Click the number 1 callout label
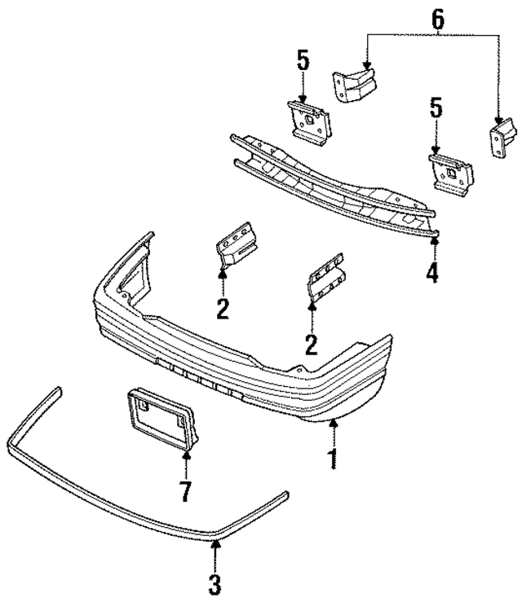click(332, 459)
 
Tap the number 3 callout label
click(215, 583)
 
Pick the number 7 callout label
click(186, 491)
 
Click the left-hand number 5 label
click(303, 62)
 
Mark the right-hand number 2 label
click(311, 343)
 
